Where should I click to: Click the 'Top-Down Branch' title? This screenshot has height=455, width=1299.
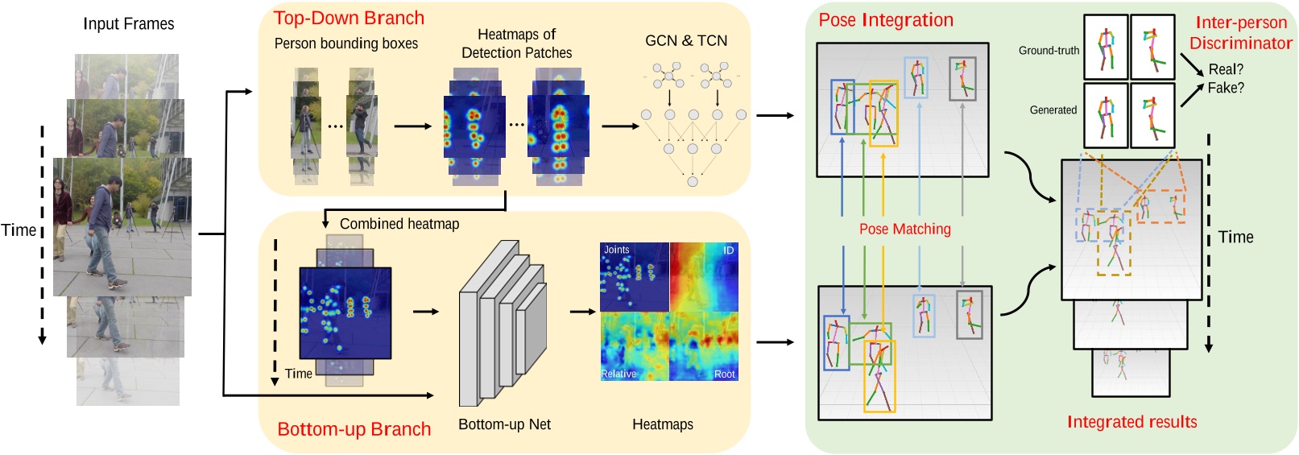349,19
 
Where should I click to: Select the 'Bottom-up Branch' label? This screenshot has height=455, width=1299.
354,429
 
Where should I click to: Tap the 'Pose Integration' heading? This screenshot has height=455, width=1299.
886,20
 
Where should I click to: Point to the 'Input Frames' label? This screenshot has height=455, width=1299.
129,24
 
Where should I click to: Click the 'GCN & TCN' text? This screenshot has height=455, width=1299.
686,41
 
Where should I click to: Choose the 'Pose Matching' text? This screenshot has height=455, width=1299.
904,230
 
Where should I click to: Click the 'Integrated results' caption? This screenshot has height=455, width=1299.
1131,422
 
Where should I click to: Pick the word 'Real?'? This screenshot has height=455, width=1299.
1226,69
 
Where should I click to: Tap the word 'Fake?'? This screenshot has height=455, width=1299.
1226,88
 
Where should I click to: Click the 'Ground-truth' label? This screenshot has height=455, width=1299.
1049,51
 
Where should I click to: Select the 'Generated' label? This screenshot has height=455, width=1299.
1053,110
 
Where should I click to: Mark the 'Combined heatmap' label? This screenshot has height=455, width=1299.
399,224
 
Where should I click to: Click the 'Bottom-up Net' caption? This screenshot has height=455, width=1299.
504,424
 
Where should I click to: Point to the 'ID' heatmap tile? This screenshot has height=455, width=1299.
704,276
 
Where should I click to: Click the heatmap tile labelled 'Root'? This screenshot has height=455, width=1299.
704,347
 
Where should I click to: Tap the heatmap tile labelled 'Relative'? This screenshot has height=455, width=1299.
635,347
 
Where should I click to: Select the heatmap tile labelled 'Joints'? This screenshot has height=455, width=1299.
635,276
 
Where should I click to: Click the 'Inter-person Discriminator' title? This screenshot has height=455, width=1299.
1240,33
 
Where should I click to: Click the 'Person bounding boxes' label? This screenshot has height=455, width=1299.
346,43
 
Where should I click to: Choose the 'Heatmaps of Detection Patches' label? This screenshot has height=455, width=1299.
516,43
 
